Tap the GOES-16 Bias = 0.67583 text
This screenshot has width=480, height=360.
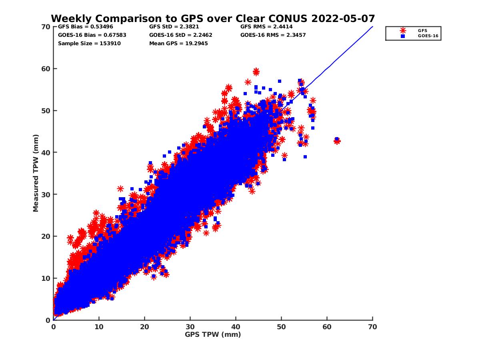(92, 35)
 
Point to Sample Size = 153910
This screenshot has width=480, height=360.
(89, 43)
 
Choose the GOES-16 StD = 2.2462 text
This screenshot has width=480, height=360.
(181, 35)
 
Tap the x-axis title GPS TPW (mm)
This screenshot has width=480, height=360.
(213, 334)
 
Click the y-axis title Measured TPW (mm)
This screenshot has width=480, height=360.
(36, 173)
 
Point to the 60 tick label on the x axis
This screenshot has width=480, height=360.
(327, 327)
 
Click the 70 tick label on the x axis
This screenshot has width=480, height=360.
(372, 327)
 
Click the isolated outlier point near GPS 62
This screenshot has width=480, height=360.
(337, 140)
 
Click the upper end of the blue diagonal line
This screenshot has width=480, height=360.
(372, 27)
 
